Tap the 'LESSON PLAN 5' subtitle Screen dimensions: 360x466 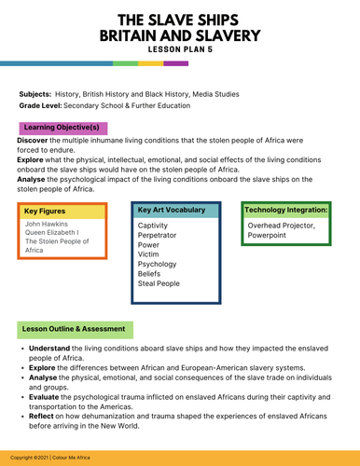coord(180,48)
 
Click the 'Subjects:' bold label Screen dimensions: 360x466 coord(35,94)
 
